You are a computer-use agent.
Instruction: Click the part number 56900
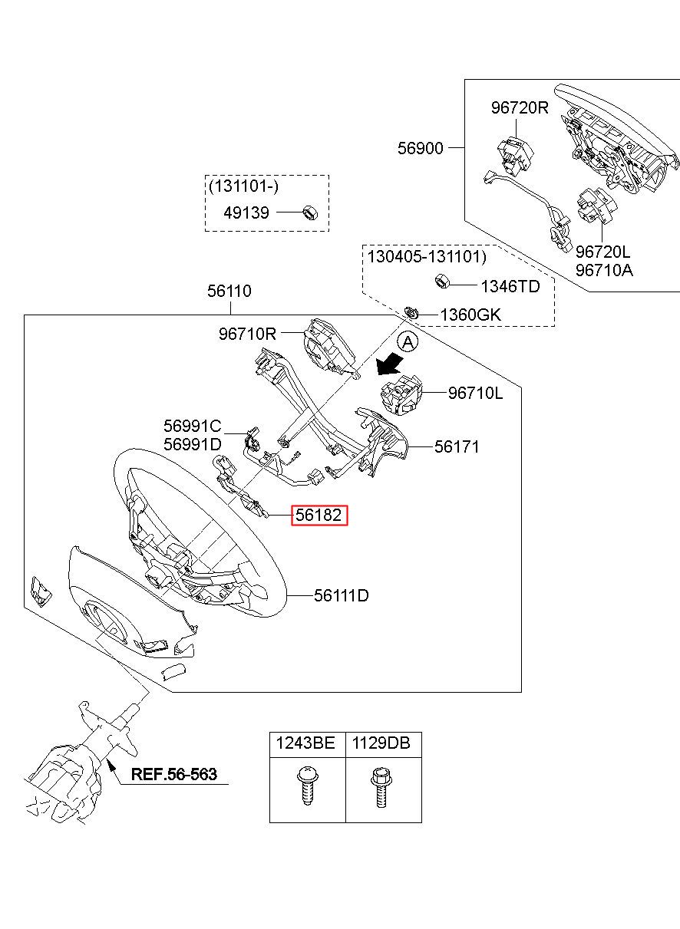[420, 148]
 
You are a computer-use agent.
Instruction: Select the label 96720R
[520, 108]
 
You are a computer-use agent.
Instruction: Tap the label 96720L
[604, 252]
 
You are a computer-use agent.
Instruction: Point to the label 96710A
[604, 271]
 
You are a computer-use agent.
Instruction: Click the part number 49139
[246, 212]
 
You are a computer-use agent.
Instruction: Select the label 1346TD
[510, 286]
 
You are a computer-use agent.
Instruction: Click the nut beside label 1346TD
[443, 281]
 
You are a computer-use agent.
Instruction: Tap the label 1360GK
[470, 315]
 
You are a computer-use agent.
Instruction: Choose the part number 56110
[229, 292]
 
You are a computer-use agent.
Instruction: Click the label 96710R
[246, 334]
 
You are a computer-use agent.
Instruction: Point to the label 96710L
[476, 394]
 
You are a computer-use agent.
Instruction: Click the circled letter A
[408, 341]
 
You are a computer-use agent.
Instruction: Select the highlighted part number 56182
[319, 516]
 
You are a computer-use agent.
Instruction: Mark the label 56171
[457, 446]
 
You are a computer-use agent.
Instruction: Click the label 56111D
[341, 595]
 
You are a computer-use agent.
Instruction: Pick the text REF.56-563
[173, 774]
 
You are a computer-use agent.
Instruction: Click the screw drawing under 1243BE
[306, 786]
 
